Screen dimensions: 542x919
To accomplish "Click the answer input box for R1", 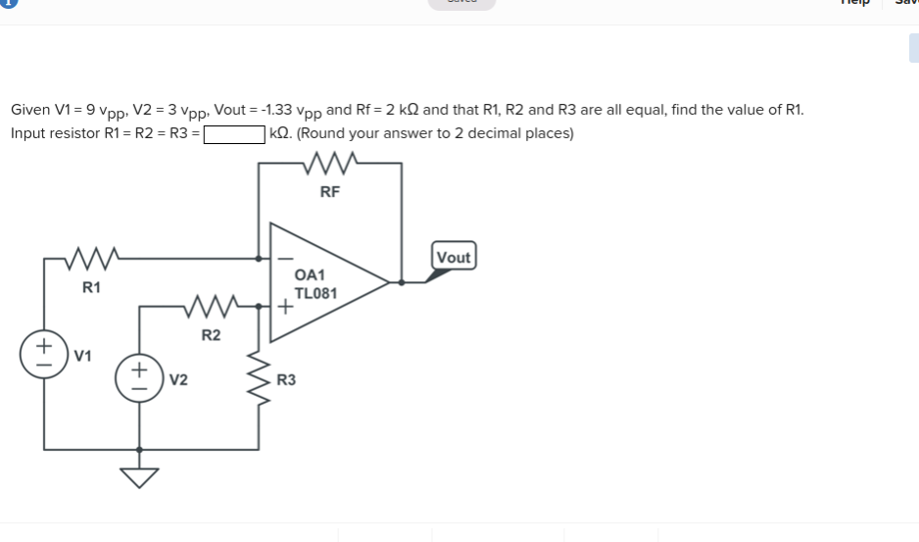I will click(234, 133).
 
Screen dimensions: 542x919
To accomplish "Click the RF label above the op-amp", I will click(330, 192).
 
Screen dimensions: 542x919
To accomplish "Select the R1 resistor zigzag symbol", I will click(91, 260).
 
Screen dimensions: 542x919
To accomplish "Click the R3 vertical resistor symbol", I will click(260, 380).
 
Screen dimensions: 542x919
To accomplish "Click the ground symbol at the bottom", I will click(138, 476).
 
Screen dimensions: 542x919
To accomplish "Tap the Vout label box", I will click(454, 258).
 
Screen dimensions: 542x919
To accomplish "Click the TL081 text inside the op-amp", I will click(316, 293).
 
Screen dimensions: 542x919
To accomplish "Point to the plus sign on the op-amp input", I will click(283, 307).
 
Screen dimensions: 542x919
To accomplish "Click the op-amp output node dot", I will click(402, 282).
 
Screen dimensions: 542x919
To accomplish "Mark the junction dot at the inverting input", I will click(259, 259).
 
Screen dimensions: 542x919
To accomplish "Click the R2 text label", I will click(211, 336).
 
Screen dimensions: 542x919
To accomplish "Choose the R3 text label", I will click(287, 379).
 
